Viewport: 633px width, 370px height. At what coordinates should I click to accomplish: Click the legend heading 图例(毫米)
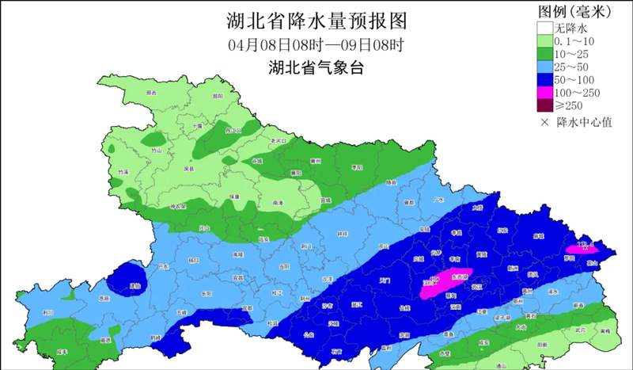(x=578, y=11)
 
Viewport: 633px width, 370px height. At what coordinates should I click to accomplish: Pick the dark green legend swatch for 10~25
(x=542, y=53)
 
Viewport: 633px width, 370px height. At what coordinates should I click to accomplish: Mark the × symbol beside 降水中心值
(x=544, y=122)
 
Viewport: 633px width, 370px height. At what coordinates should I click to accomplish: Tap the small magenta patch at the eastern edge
(x=583, y=250)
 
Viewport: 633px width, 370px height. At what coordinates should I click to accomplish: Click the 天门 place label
(x=385, y=280)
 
